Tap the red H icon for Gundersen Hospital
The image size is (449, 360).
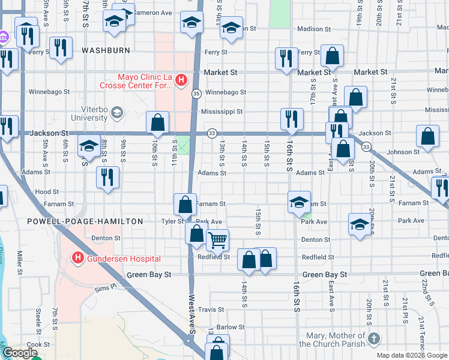[77, 258]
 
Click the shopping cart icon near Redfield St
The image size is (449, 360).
[217, 241]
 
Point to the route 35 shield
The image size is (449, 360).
[196, 94]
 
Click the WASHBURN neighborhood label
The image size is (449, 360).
[106, 50]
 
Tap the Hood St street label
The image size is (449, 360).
[46, 192]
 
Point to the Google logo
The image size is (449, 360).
[19, 353]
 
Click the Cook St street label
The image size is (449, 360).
[38, 344]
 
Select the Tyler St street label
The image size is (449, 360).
[172, 221]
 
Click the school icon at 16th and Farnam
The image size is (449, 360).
[298, 202]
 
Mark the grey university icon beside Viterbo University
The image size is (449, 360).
[117, 112]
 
